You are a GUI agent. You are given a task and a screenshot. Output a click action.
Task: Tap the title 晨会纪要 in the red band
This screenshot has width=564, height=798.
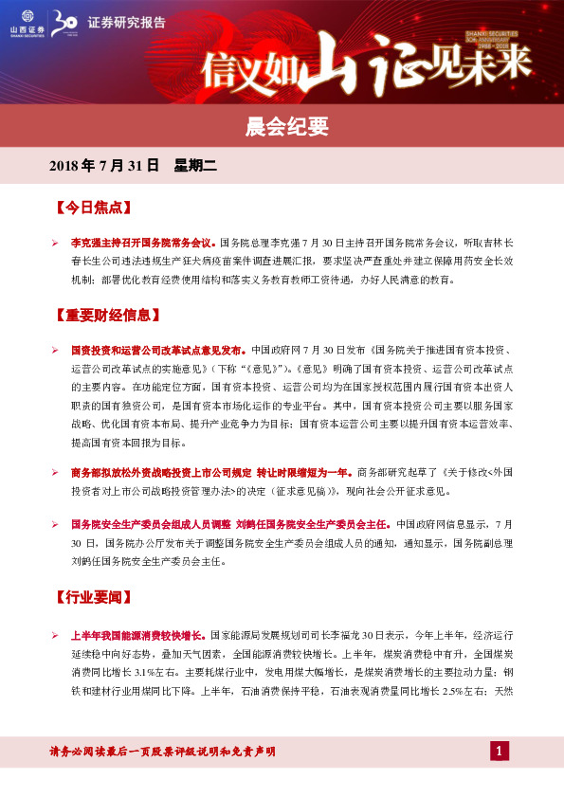282,126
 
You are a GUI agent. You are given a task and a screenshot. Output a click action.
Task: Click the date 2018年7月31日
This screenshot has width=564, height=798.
103,166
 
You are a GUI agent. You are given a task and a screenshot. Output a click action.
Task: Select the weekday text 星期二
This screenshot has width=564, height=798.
195,166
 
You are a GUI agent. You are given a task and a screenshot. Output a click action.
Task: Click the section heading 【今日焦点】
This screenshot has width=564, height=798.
92,207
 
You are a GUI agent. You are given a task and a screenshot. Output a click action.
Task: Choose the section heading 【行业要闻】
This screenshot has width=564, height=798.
92,598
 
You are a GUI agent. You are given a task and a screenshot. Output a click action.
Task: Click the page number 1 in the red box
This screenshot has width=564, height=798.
500,752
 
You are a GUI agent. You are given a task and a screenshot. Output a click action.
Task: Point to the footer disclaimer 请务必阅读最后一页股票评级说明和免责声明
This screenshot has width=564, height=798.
162,752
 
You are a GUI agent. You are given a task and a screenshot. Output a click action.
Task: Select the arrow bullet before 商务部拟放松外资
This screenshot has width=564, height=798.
56,471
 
